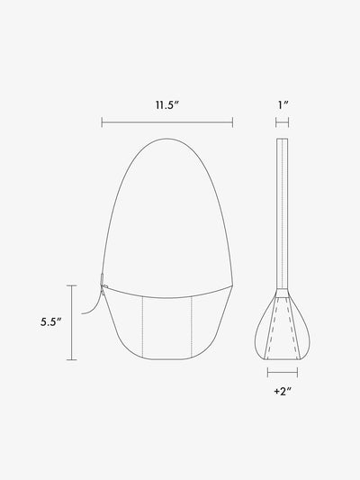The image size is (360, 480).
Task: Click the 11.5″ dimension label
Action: tap(166, 105)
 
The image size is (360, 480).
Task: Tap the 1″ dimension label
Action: tap(283, 105)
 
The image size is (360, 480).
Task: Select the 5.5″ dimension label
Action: tap(51, 322)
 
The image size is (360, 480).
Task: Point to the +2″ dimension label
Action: tap(283, 391)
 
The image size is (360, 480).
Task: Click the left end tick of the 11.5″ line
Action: tap(102, 122)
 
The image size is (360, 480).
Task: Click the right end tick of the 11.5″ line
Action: tap(233, 122)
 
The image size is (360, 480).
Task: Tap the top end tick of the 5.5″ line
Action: tap(72, 285)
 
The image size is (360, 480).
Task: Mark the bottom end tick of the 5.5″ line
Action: tap(72, 359)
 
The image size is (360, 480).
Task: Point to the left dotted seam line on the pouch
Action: tap(143, 327)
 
